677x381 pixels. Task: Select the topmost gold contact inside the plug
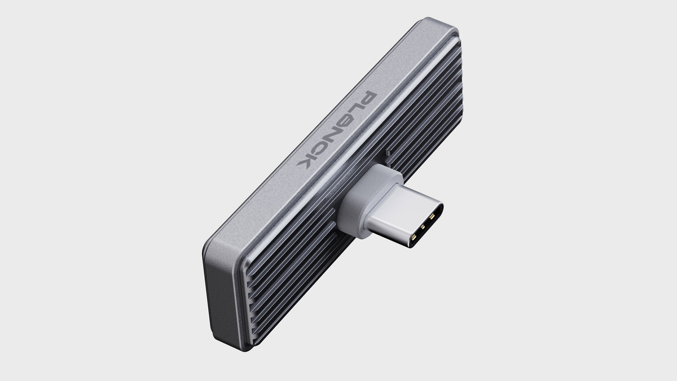coord(433,215)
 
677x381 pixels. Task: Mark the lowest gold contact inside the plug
coord(416,239)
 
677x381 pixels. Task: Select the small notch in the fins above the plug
coord(389,151)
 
